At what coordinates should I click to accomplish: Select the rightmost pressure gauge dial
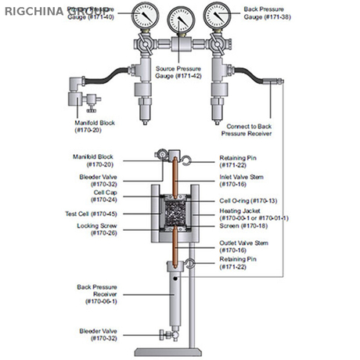[218, 16]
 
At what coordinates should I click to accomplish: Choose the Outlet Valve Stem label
[240, 247]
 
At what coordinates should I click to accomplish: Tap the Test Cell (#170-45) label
[96, 212]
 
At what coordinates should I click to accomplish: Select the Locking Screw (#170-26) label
[103, 229]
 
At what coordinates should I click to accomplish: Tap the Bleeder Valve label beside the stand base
[98, 334]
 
